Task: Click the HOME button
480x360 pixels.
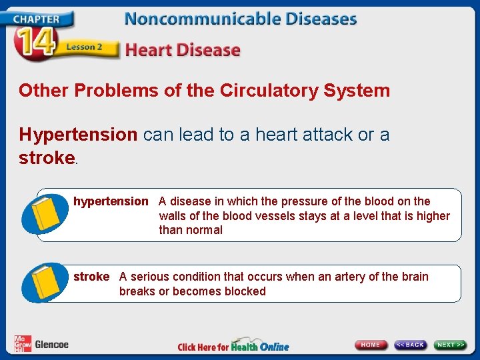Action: [371, 345]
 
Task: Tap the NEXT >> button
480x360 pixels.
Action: [450, 345]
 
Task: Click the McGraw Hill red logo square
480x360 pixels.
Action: [22, 344]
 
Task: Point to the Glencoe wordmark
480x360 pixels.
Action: [51, 345]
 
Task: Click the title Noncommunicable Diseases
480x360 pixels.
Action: [241, 18]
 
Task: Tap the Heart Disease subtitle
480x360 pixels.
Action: [183, 50]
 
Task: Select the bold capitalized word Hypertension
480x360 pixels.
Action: [78, 135]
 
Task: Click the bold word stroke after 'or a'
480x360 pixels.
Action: [47, 158]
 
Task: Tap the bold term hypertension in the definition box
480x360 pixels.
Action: [111, 201]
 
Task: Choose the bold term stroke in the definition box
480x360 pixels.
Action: [91, 277]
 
